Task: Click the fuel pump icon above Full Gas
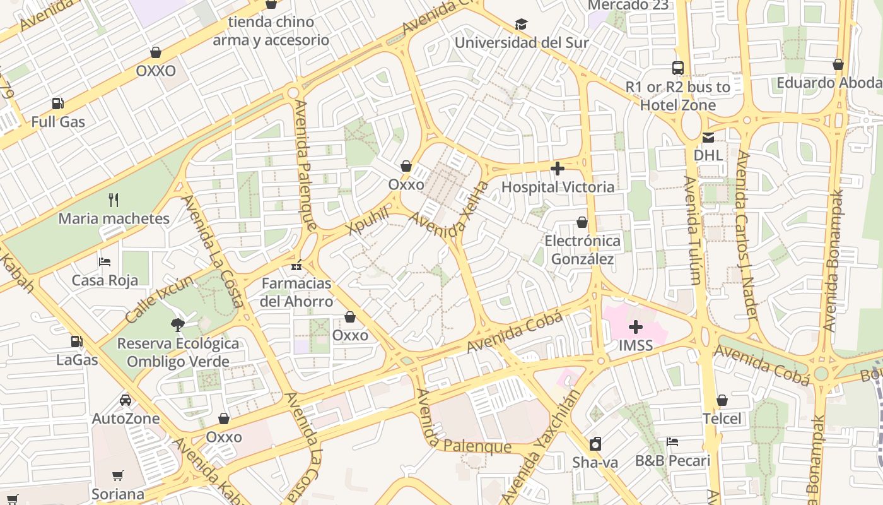tap(57, 103)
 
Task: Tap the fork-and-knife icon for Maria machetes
tap(114, 200)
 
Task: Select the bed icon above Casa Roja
tap(105, 261)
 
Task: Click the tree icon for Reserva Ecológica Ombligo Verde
tap(178, 325)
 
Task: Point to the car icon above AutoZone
tap(126, 400)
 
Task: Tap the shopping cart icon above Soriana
tap(118, 475)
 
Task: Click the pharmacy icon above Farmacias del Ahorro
tap(296, 265)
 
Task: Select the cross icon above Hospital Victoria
tap(558, 169)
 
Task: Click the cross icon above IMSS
tap(636, 327)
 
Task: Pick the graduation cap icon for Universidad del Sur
tap(521, 25)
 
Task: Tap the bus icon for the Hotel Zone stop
tap(678, 68)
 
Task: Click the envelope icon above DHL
tap(708, 137)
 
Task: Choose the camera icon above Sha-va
tap(595, 444)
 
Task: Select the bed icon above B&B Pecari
tap(672, 442)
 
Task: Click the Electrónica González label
tap(582, 250)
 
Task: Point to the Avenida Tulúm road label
tap(692, 230)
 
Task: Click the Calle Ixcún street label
tap(160, 299)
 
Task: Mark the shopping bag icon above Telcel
tap(722, 400)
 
